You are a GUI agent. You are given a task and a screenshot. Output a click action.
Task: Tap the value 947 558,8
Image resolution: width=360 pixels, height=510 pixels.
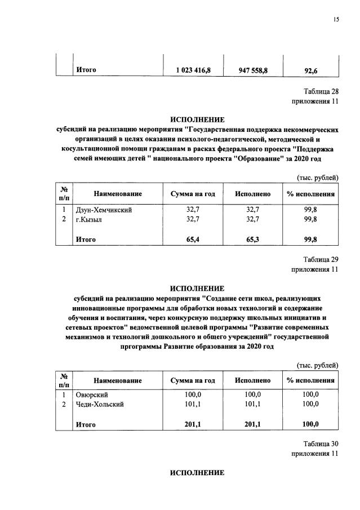(x=253, y=70)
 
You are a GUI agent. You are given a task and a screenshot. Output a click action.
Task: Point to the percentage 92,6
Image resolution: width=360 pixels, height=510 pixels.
(x=310, y=70)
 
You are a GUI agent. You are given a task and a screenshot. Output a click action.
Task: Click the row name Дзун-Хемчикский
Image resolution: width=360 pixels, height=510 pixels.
(x=104, y=210)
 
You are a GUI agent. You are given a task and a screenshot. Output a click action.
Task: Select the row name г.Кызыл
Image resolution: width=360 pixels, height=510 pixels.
(x=92, y=219)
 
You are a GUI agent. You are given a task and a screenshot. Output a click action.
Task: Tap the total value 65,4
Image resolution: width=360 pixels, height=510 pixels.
(x=194, y=240)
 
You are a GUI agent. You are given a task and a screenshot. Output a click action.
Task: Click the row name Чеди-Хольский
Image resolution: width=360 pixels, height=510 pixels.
(x=100, y=404)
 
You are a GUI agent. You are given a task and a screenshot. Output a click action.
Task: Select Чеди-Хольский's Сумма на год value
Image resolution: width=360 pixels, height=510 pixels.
(x=194, y=404)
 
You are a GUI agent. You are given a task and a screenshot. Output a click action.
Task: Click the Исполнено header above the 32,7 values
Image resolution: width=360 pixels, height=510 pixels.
(x=254, y=194)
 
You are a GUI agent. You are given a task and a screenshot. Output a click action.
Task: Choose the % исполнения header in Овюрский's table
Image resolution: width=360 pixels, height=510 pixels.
(x=310, y=380)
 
